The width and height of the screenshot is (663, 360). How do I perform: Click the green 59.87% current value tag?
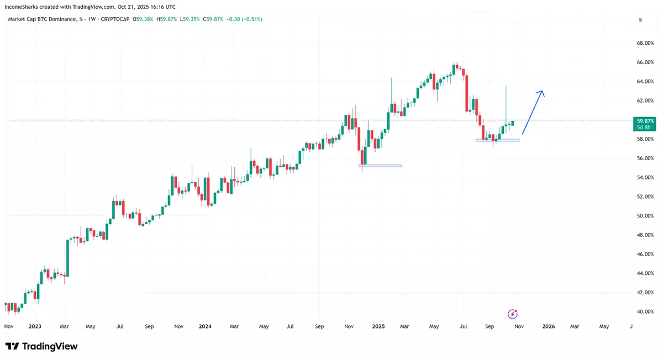645,121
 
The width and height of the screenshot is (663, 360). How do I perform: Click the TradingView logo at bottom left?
41,346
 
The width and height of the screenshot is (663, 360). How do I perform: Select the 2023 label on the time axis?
34,326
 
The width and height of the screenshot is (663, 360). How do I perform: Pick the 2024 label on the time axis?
205,326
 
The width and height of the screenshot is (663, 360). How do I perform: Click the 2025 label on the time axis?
378,326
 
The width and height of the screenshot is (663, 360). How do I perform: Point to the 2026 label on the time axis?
548,326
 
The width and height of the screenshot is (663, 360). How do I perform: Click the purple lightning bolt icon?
513,314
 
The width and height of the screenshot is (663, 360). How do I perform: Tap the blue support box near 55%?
380,166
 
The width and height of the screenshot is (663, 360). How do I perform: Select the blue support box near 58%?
498,140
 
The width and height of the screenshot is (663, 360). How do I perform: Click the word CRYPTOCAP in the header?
117,19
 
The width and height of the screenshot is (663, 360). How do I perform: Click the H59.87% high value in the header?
166,19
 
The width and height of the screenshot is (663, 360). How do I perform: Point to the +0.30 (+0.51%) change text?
241,19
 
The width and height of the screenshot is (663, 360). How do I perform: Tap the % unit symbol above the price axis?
640,20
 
